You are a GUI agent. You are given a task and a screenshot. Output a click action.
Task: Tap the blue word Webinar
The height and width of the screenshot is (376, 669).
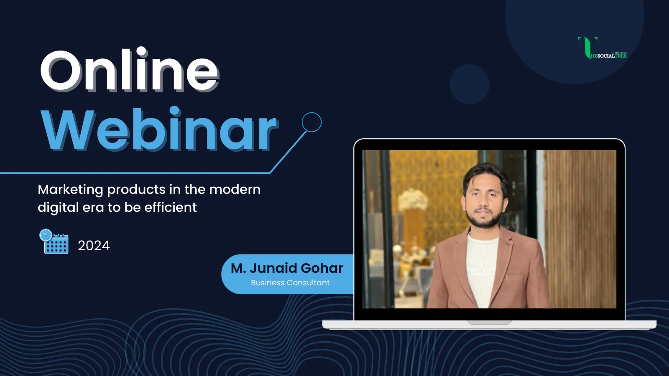tap(160, 129)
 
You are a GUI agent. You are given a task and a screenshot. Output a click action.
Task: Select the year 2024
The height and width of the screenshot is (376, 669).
tap(94, 246)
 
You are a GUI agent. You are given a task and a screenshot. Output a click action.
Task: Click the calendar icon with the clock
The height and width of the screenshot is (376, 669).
tap(54, 241)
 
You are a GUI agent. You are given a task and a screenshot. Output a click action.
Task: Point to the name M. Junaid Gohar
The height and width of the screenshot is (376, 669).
tap(287, 268)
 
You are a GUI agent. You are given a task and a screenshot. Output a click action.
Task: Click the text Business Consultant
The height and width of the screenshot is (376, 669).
tap(290, 282)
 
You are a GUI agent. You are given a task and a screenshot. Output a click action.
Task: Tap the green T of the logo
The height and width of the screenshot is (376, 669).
tap(587, 48)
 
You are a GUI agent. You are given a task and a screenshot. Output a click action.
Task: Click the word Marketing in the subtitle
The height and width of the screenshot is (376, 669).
tap(71, 190)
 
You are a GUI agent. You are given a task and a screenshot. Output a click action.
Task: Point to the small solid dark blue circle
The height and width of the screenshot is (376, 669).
tap(470, 84)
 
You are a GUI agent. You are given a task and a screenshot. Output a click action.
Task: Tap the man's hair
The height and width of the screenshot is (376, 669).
tap(485, 175)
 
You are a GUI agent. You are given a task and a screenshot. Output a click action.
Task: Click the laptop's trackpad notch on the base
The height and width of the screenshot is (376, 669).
tap(489, 322)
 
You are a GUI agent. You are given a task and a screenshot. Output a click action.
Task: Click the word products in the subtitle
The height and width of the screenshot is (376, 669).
tap(136, 190)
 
